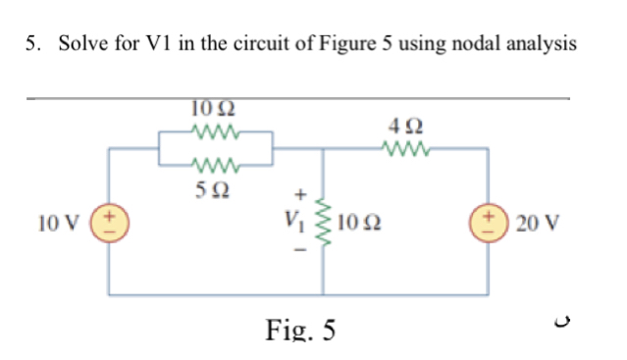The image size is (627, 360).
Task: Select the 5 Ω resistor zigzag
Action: click(x=215, y=164)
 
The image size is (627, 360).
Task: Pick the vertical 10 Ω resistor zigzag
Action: click(x=323, y=222)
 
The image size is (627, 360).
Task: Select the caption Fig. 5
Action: click(x=300, y=330)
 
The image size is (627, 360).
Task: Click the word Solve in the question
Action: click(x=81, y=44)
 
